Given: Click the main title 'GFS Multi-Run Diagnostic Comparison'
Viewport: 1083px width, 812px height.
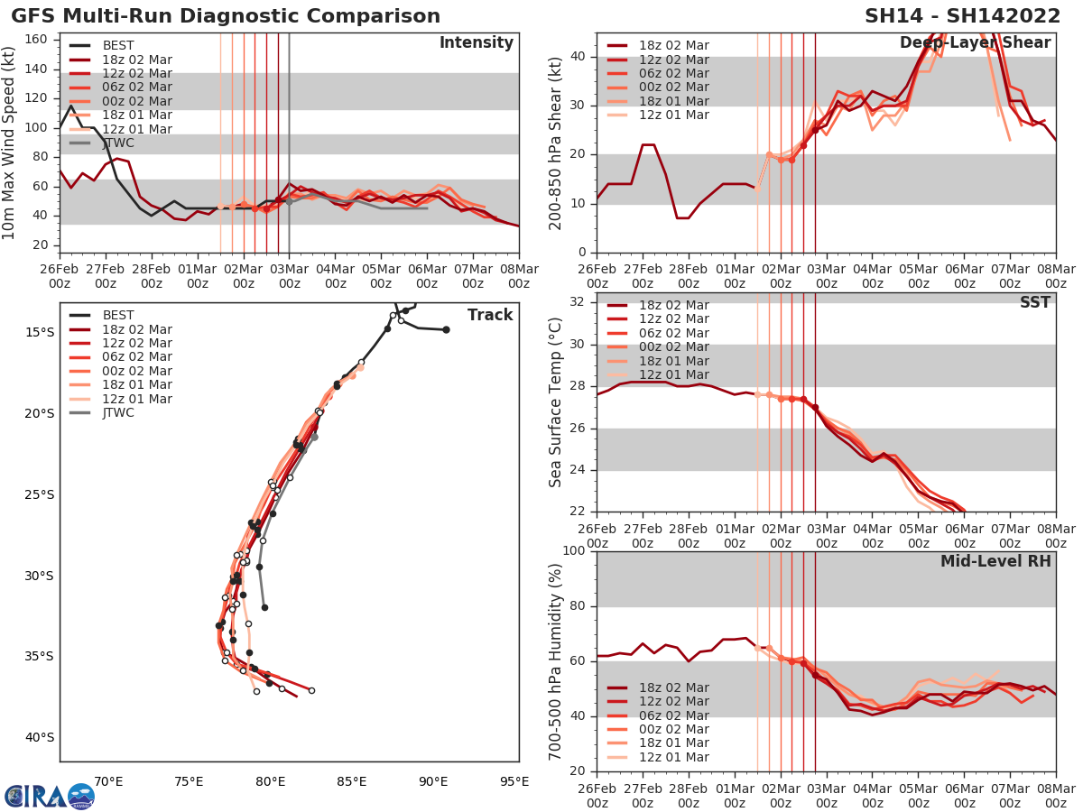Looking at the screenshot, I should [x=226, y=16].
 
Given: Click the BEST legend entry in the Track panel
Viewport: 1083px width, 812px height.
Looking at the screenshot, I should [x=118, y=316].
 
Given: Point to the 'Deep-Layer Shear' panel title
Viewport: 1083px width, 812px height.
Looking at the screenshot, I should [x=975, y=43].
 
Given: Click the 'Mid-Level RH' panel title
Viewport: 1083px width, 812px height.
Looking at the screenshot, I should [x=995, y=561].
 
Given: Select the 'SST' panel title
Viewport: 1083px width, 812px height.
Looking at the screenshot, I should [x=1035, y=303].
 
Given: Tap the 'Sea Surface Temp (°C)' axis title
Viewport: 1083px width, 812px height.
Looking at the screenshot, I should [x=556, y=403].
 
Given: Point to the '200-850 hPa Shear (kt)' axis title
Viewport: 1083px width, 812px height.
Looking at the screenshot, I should [x=556, y=143].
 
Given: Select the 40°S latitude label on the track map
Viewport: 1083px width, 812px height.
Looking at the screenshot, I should [x=39, y=737].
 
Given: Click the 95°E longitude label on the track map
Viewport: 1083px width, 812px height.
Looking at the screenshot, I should [x=514, y=781].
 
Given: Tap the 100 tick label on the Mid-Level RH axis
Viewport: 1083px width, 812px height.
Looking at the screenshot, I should [x=573, y=551].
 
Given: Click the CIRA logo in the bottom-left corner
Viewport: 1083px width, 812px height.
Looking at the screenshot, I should [x=48, y=796].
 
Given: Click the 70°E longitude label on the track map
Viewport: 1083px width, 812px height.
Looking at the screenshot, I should [x=108, y=781].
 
